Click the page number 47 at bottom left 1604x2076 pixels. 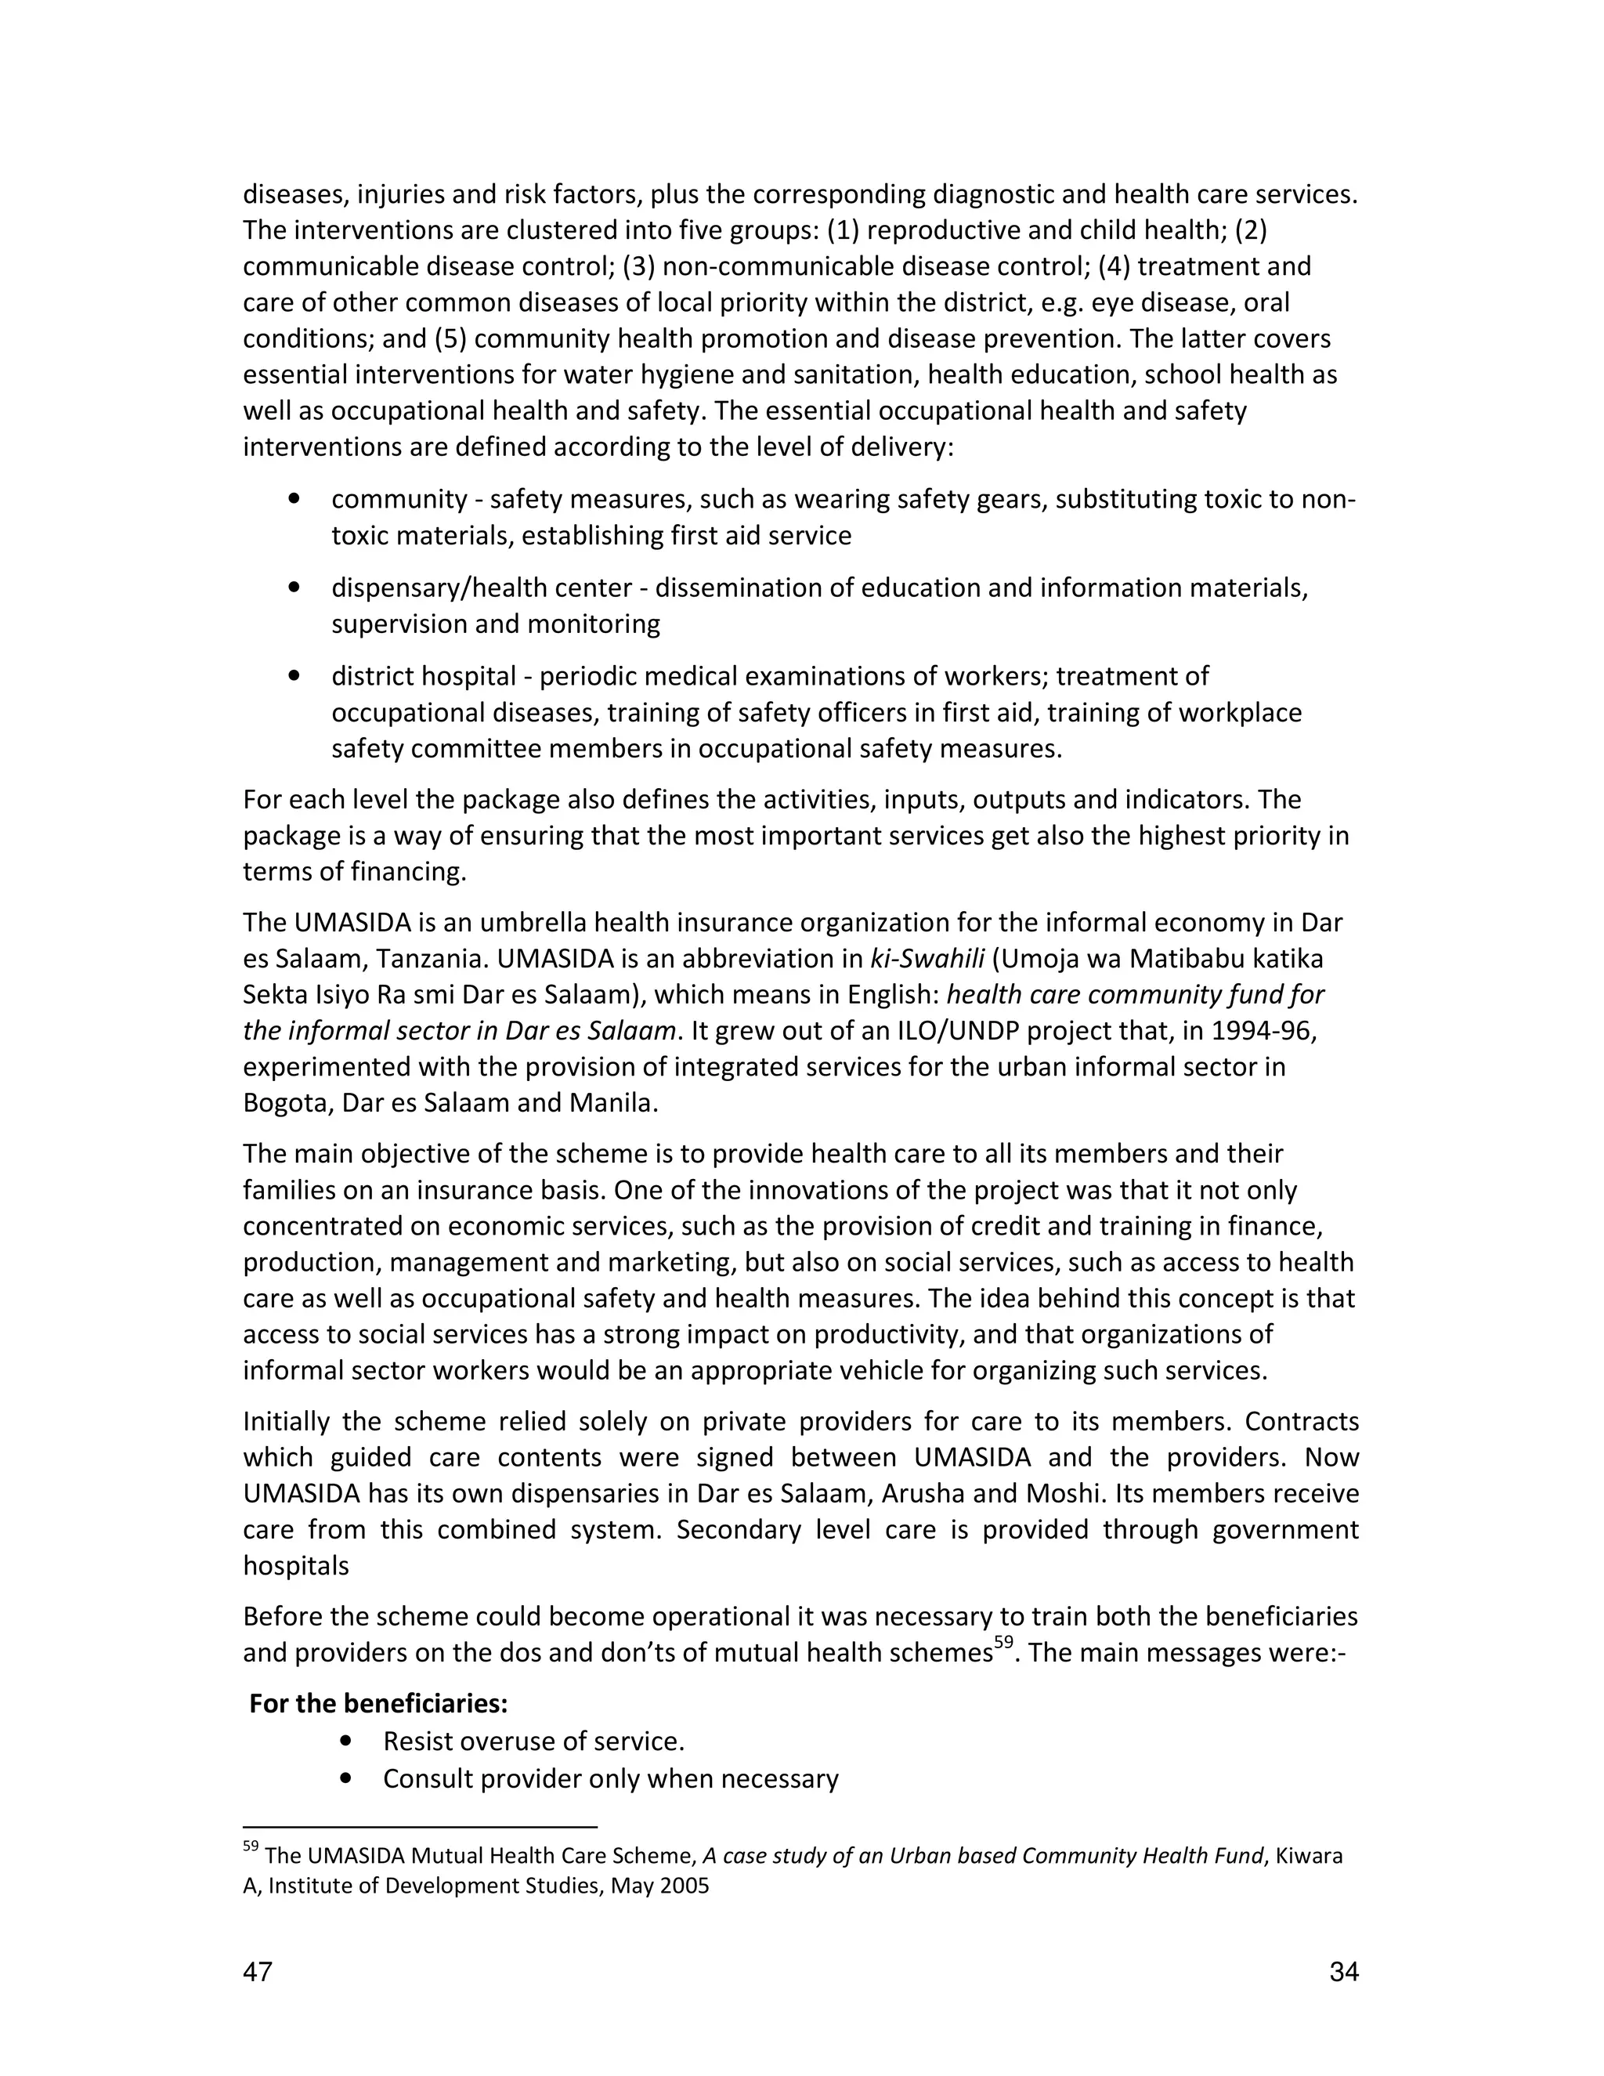click(x=258, y=1973)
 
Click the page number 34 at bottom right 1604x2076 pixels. click(x=1344, y=1973)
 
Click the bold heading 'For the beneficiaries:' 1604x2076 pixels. click(x=378, y=1702)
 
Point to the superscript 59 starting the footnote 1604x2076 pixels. click(x=251, y=1847)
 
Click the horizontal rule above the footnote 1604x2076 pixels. click(x=419, y=1827)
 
